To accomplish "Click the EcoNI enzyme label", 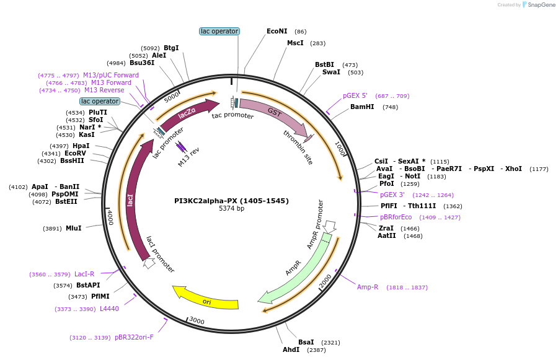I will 277,31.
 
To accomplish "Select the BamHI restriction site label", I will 362,107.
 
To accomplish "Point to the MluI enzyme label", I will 73,228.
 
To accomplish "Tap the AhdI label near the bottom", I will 291,349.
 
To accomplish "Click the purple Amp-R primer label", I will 368,287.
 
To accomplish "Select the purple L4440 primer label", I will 109,309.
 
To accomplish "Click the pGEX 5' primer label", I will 355,95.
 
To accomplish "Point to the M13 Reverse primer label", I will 104,90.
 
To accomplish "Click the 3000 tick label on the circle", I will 197,320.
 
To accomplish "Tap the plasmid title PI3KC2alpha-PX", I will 231,201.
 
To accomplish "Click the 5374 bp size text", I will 231,209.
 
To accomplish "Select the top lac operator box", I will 219,31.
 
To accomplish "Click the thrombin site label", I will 298,147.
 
